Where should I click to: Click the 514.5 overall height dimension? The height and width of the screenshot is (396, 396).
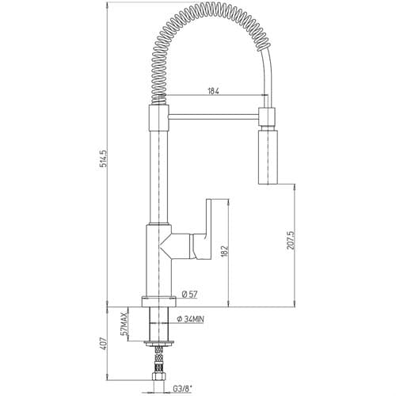click(x=104, y=158)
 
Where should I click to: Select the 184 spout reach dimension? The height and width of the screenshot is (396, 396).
click(x=214, y=91)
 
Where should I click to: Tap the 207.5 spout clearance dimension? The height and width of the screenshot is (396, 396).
click(x=291, y=241)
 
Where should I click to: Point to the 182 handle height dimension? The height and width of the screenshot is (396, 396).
click(x=224, y=252)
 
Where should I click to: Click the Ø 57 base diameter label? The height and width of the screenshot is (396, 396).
click(x=189, y=295)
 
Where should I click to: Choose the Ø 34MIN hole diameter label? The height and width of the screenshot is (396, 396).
click(x=190, y=319)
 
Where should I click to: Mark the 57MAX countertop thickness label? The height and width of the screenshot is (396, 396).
click(x=124, y=323)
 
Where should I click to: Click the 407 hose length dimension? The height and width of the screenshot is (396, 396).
click(x=104, y=344)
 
